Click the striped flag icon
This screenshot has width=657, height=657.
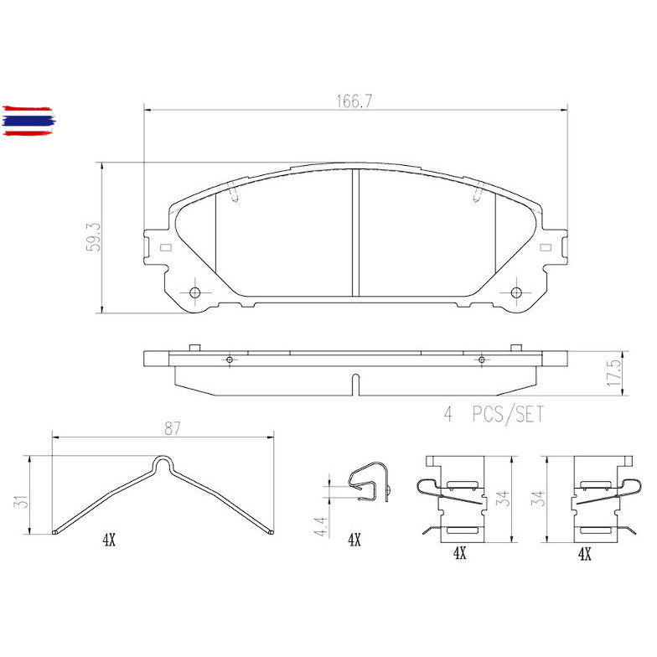coord(28,121)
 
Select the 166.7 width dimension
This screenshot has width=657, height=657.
coord(355,101)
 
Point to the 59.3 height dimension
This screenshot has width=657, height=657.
coord(93,237)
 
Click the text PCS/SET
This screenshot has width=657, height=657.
coord(506,414)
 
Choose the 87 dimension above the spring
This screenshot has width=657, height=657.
coord(173,428)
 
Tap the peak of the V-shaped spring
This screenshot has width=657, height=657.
coord(162,461)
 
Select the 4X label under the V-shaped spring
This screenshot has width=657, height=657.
coord(108,541)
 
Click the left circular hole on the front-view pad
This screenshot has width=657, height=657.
coord(194,292)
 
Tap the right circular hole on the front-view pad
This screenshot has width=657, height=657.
coord(517,292)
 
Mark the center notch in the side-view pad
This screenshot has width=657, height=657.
coord(355,385)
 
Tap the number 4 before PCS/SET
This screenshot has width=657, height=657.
coord(448,414)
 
